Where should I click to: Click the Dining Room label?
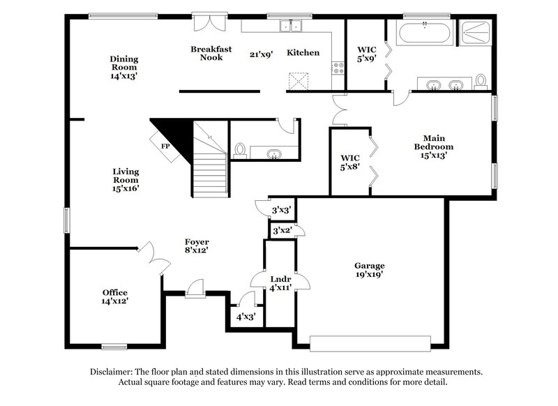(123, 68)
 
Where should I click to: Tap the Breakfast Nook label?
(206, 53)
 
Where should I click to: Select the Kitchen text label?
(303, 53)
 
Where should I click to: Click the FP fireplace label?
(165, 146)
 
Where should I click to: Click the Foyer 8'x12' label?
(197, 246)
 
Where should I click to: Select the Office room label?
(115, 296)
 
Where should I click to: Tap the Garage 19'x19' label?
(370, 270)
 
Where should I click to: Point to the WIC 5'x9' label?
(367, 54)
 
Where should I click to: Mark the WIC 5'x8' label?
(349, 163)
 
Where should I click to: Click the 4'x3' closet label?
(246, 317)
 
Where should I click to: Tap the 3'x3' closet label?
(281, 209)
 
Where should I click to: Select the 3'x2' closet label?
(281, 230)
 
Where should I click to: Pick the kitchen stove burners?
(338, 68)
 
